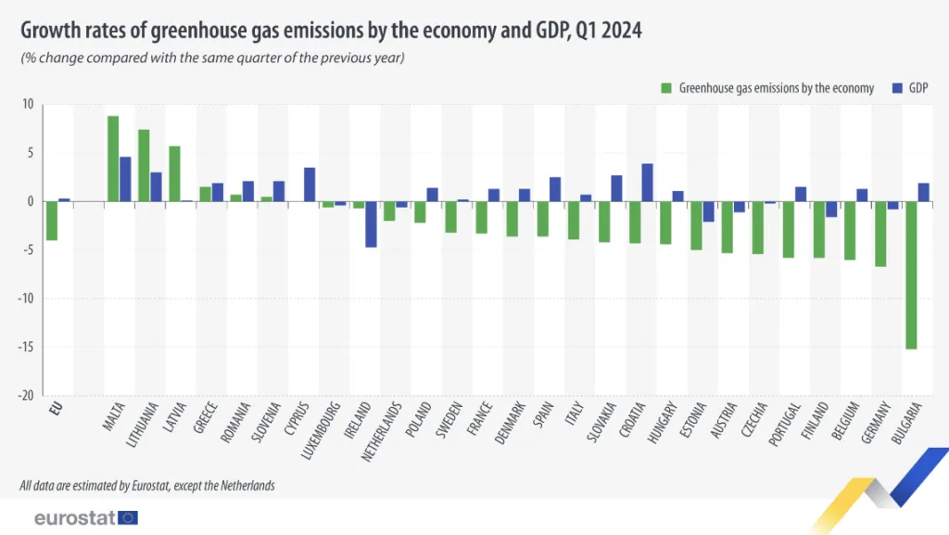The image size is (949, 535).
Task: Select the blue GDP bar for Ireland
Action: (371, 223)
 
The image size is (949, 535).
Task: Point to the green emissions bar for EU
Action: (52, 221)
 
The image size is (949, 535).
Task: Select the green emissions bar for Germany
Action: (880, 234)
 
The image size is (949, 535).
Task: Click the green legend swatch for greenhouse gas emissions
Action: (665, 88)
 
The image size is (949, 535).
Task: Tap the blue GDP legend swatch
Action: (896, 88)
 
